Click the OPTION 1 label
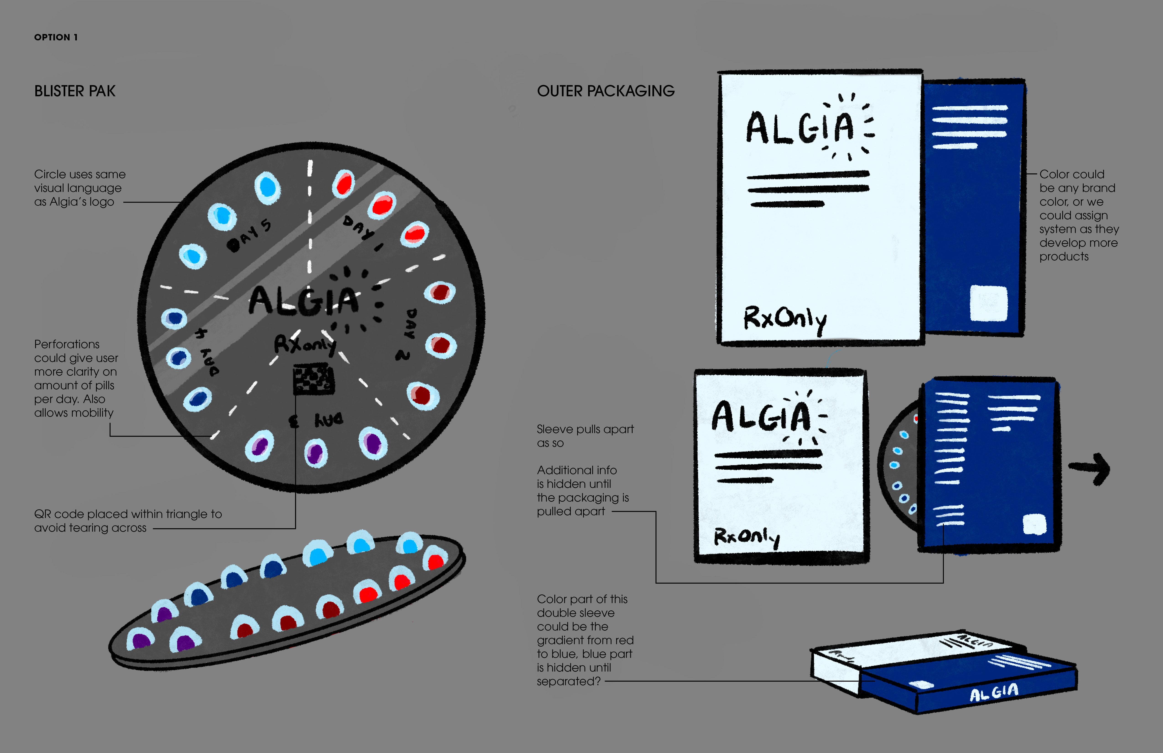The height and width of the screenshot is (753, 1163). click(56, 37)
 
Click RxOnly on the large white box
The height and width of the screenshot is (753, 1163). click(785, 319)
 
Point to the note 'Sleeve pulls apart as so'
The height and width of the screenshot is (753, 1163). click(585, 436)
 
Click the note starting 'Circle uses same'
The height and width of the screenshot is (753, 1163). click(80, 188)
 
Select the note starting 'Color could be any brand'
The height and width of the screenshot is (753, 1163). click(1078, 215)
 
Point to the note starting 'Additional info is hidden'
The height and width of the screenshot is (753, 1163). click(582, 490)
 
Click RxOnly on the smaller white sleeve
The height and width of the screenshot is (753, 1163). click(746, 537)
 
